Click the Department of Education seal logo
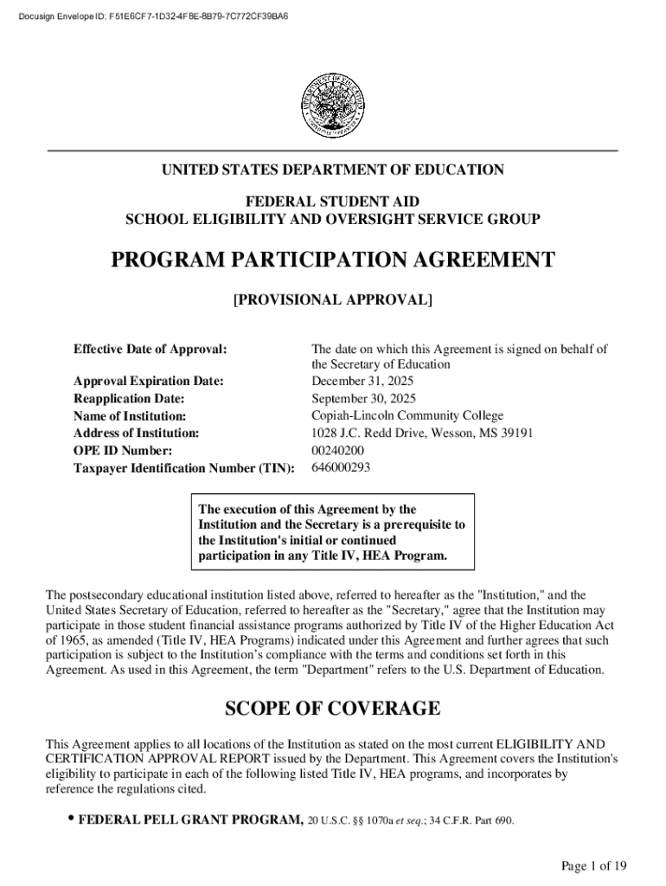[333, 105]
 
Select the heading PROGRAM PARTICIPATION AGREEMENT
[333, 260]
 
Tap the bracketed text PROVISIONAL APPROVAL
[333, 300]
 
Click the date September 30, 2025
[363, 399]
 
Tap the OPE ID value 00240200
[337, 451]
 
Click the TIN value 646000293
[341, 468]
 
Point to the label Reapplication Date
[129, 399]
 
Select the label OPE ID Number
[123, 451]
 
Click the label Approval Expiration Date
[149, 382]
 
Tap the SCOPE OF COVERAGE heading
[333, 709]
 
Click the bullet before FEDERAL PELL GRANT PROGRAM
[67, 819]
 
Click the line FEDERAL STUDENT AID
[333, 202]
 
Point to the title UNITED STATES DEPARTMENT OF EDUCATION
[333, 170]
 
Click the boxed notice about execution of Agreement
[332, 532]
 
